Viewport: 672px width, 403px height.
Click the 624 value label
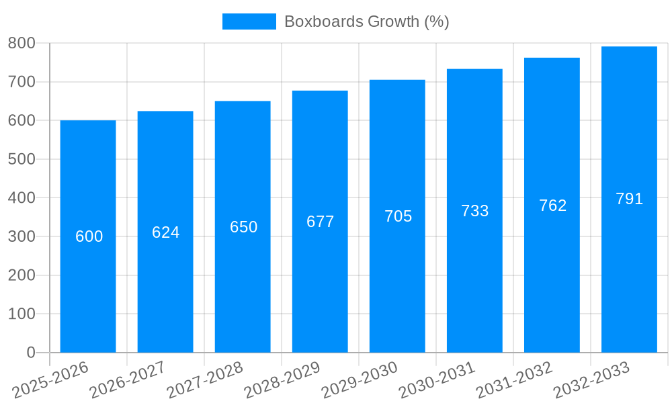click(165, 232)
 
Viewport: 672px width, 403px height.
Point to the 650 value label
click(243, 227)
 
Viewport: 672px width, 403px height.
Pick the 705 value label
click(398, 216)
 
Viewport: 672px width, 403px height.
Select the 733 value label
click(474, 211)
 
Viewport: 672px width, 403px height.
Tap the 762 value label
click(552, 206)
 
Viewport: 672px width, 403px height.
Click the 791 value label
click(629, 199)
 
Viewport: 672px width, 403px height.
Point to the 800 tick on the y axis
click(22, 43)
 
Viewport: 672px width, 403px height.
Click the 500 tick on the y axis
click(22, 159)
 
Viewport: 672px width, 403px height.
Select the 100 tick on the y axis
click(22, 314)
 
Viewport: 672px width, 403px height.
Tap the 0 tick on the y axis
click(31, 353)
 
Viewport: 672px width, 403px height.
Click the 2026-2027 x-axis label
click(128, 380)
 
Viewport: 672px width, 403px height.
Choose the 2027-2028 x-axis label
click(206, 380)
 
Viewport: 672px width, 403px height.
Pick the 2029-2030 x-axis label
click(360, 380)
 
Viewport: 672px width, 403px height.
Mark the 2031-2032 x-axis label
click(515, 380)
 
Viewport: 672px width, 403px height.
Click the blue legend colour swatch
click(249, 21)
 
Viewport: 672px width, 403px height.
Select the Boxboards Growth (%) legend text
click(366, 21)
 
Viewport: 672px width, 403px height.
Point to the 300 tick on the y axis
click(22, 236)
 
